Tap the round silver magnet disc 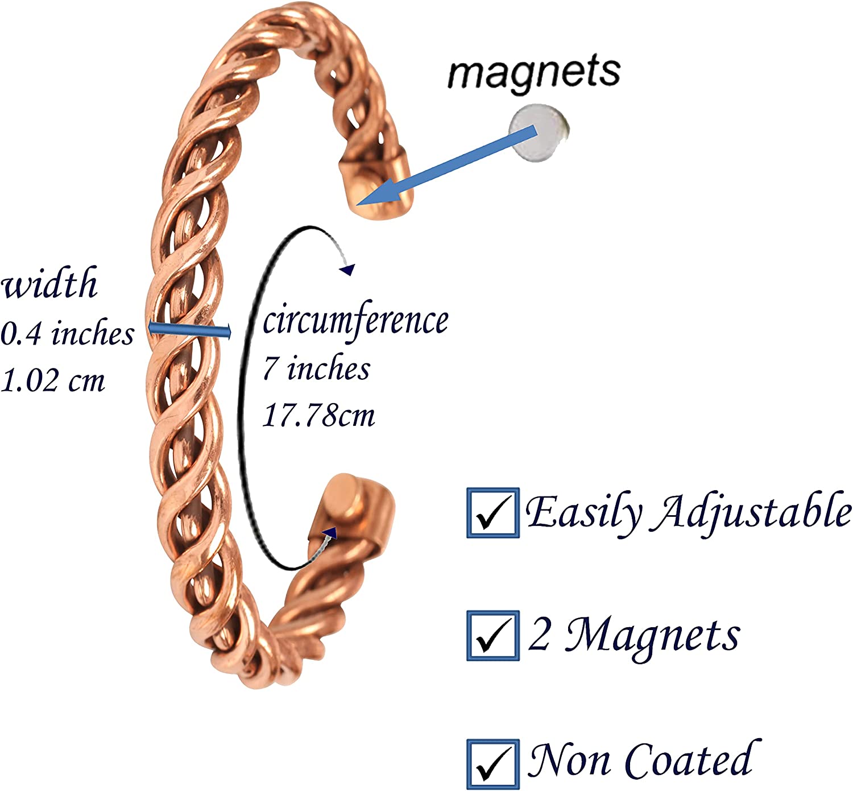539,132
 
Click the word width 49,282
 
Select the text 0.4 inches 67,333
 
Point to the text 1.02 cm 52,380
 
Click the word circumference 355,321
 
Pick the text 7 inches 316,368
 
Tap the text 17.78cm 318,415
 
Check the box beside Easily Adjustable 493,512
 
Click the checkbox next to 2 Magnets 493,635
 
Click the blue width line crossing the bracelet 189,330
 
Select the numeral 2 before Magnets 539,633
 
